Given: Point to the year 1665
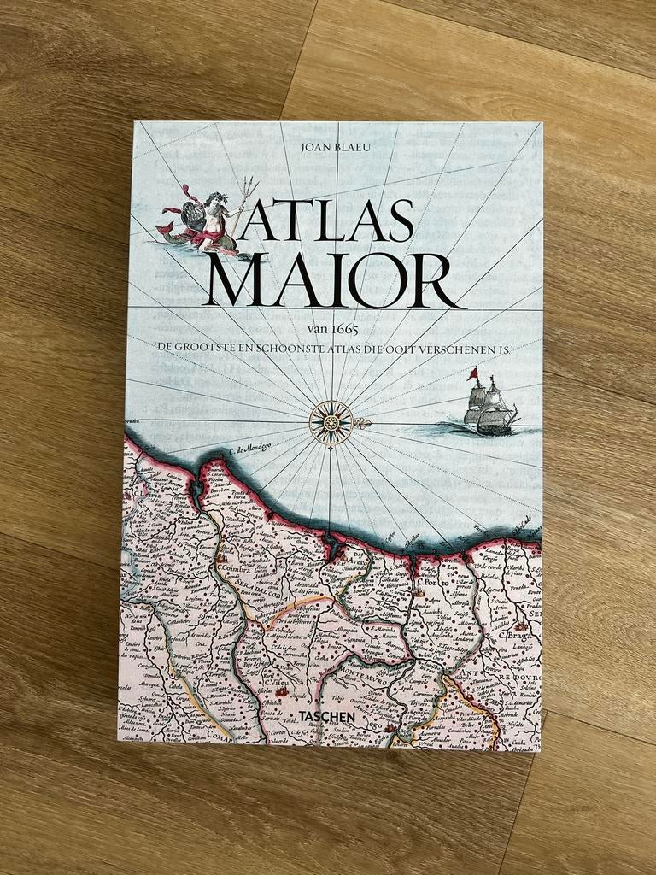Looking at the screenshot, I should click(344, 330).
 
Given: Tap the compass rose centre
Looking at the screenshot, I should click(331, 421).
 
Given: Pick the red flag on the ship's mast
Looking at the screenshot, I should click(472, 373).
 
